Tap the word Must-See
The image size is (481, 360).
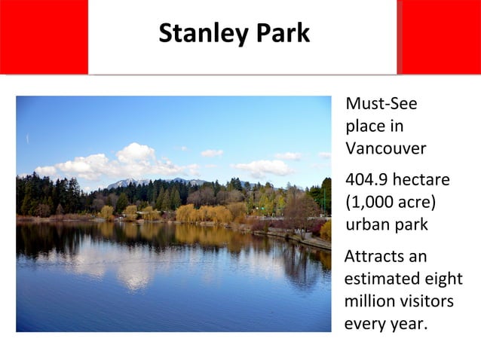(x=381, y=104)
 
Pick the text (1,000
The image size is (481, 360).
(x=369, y=203)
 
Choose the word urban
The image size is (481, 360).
(x=366, y=224)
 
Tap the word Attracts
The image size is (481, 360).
(x=375, y=256)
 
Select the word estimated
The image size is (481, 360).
(x=381, y=279)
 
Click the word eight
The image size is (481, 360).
(x=443, y=279)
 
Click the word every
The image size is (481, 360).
(x=363, y=324)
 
